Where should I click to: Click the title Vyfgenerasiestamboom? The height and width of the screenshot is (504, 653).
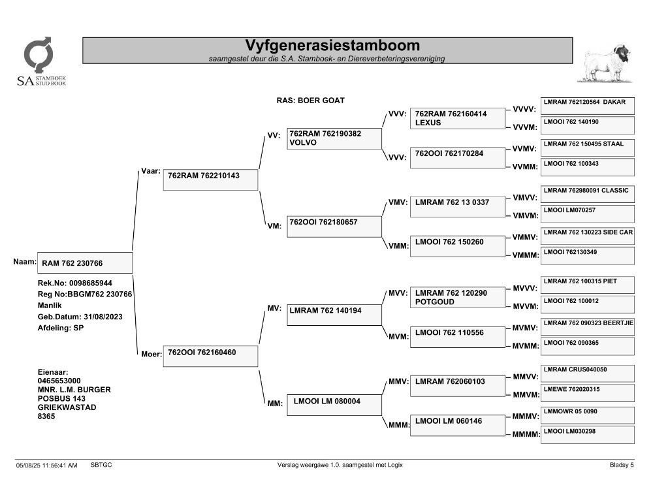(x=332, y=46)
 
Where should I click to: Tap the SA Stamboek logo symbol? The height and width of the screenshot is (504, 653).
(x=39, y=55)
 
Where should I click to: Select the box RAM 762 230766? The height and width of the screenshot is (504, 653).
(x=85, y=263)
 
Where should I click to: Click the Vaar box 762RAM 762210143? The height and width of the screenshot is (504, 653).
(x=210, y=180)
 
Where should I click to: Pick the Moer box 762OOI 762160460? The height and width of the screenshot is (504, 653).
(x=210, y=356)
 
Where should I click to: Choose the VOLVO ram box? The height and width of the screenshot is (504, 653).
(x=334, y=138)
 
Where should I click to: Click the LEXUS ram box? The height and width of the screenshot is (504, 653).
(x=457, y=119)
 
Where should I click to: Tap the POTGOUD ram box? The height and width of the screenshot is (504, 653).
(x=457, y=298)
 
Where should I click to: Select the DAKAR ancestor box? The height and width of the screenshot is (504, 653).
(x=587, y=106)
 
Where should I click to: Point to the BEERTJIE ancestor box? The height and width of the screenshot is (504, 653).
(x=587, y=327)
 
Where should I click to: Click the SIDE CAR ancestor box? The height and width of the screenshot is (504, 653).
(x=587, y=236)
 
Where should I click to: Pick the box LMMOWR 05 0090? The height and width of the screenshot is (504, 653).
(x=587, y=415)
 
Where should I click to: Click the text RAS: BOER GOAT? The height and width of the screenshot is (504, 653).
(x=311, y=101)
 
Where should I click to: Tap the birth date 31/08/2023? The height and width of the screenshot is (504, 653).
(x=103, y=317)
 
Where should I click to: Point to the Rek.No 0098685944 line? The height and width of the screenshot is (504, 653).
(x=75, y=283)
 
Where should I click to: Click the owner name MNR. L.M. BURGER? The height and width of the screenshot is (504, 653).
(x=74, y=390)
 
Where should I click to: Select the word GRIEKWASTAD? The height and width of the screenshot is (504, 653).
(x=67, y=407)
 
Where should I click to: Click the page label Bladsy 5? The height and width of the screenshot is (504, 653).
(x=622, y=465)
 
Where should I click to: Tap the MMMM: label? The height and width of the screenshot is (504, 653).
(x=526, y=434)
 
